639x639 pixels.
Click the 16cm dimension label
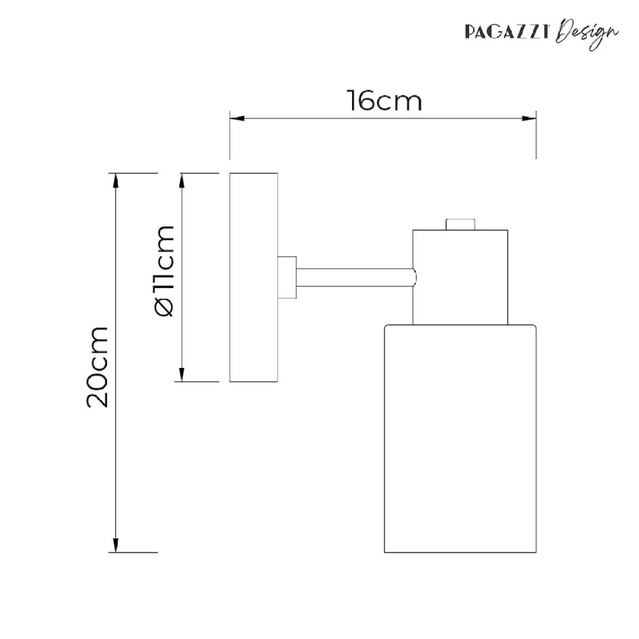[384, 101]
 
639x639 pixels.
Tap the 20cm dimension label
[97, 367]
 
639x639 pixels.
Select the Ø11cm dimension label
[163, 271]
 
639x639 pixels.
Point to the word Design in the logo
[587, 37]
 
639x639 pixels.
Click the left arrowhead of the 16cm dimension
[237, 118]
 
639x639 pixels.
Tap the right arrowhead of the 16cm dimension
[529, 118]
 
